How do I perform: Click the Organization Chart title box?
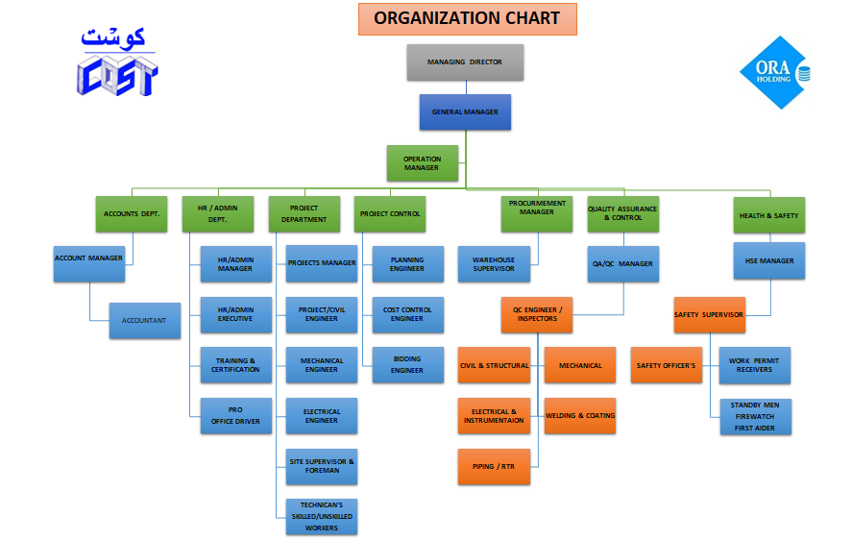click(x=467, y=18)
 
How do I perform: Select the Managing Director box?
click(x=465, y=62)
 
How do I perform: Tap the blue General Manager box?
click(x=465, y=111)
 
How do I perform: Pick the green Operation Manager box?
click(x=423, y=162)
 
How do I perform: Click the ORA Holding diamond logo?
click(x=773, y=73)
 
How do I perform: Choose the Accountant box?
click(x=144, y=320)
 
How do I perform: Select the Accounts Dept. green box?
click(x=132, y=214)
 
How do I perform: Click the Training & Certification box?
click(x=235, y=365)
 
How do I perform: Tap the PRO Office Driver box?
click(x=235, y=415)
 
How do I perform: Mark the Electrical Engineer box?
click(x=322, y=415)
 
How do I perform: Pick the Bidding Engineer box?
click(x=407, y=365)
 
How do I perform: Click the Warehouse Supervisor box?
click(x=493, y=264)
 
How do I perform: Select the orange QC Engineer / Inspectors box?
click(x=537, y=314)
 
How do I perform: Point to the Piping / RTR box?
click(x=493, y=466)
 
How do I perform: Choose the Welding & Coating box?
click(x=580, y=415)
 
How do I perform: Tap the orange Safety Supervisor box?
click(x=709, y=314)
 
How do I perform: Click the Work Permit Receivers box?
click(x=754, y=365)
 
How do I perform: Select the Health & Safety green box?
click(x=768, y=214)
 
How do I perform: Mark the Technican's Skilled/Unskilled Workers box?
click(x=322, y=517)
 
